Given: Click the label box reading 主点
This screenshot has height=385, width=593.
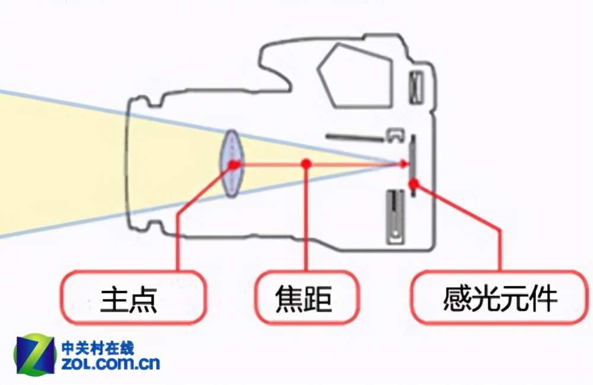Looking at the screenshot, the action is tap(133, 297).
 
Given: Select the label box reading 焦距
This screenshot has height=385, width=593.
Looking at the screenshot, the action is tap(307, 297).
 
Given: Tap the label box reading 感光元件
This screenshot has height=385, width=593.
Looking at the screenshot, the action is tap(499, 297).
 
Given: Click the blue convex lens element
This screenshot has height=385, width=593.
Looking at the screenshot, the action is tap(232, 163).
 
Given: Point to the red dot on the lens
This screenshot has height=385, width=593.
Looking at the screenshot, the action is tap(233, 164).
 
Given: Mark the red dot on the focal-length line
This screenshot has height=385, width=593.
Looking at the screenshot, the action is tap(307, 163).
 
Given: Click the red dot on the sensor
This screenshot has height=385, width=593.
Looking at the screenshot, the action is tap(414, 184).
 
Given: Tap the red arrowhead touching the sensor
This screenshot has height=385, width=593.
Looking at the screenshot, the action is tap(404, 164).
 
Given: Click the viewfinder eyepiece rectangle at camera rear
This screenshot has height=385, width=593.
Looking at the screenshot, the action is tap(416, 87).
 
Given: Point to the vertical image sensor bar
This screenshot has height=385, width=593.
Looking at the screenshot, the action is tap(413, 165).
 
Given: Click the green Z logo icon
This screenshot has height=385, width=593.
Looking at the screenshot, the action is tap(34, 354).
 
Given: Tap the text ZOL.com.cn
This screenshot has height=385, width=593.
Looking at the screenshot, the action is tap(110, 363).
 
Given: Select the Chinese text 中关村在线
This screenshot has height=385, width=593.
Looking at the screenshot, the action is tap(98, 347).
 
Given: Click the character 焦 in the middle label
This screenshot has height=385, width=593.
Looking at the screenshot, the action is tap(289, 299).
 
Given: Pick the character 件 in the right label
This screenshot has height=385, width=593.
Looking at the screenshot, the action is tap(543, 299).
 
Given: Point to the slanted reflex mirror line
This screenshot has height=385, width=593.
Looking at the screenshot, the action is tap(355, 137).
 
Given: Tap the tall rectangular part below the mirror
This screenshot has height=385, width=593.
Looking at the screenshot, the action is tap(395, 217).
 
